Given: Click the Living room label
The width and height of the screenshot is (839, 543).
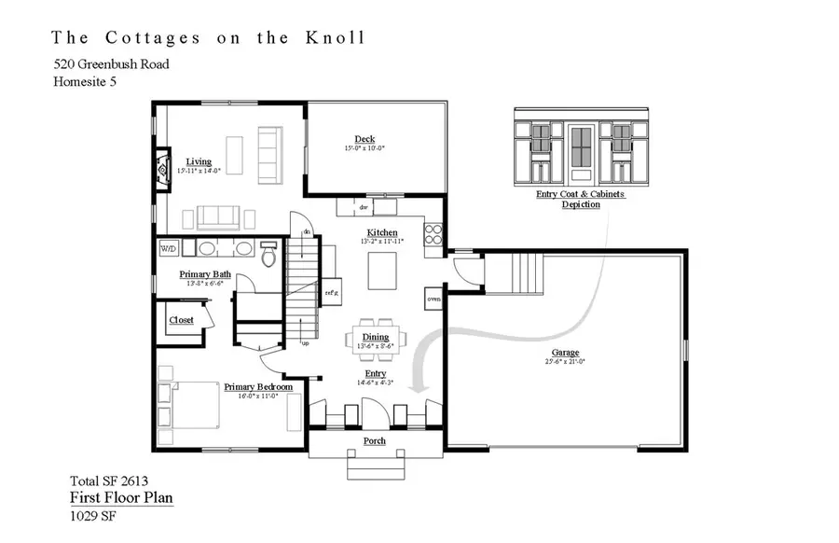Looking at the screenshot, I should pos(199,161).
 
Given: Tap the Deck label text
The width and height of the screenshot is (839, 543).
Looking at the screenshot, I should pos(364,139).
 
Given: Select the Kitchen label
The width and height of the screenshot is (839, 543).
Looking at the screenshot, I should pos(382,232).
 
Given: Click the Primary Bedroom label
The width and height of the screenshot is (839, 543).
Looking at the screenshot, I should pos(258,386).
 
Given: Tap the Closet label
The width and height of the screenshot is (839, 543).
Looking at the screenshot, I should pos(182,320).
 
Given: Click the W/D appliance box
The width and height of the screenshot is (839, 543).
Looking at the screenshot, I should pos(168,248).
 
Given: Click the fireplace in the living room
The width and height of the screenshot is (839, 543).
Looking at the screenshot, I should pos(162,170).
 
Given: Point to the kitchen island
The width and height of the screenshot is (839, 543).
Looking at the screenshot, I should pos(381,272).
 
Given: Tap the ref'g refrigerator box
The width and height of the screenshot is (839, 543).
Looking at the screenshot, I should pos(331,293).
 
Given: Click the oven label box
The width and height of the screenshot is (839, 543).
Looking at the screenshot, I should pos(433,299).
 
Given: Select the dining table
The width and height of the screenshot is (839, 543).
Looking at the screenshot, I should pos(377,337).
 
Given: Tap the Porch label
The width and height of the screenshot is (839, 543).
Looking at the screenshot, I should pos(375,440).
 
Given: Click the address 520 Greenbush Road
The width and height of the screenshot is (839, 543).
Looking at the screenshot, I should pos(111,64).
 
